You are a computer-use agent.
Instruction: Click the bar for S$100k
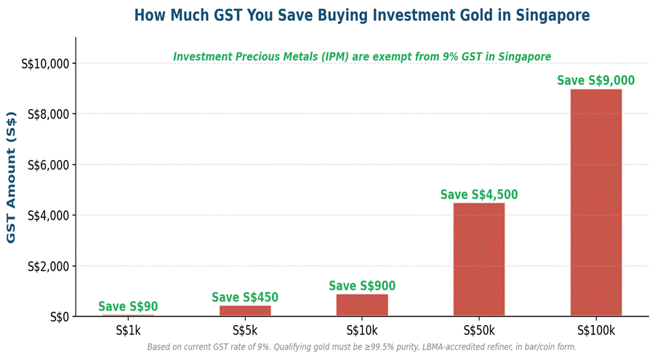[x=595, y=202]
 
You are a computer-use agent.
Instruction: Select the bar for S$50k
[x=478, y=259]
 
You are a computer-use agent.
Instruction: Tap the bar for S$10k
[x=362, y=305]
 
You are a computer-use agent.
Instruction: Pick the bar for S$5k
[x=245, y=311]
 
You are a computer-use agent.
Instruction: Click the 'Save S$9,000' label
[x=595, y=80]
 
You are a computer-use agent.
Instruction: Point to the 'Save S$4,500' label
[x=478, y=194]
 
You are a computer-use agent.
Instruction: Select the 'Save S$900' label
[x=362, y=286]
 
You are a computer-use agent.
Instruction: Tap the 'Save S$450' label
[x=245, y=297]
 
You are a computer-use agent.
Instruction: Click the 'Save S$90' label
[x=128, y=307]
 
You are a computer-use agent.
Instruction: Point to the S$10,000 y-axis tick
[x=48, y=64]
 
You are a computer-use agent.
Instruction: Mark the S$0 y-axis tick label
[x=60, y=317]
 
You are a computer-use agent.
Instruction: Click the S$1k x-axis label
[x=128, y=331]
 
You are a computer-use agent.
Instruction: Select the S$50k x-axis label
[x=478, y=331]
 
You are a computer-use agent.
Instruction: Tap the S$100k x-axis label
[x=595, y=331]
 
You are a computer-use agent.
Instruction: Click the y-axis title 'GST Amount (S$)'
[x=12, y=177]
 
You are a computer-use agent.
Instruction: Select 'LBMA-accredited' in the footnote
[x=447, y=347]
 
